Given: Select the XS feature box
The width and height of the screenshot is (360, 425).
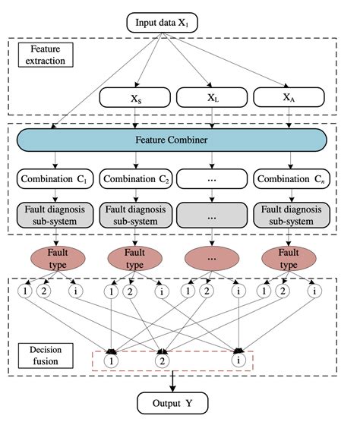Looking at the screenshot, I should [134, 98].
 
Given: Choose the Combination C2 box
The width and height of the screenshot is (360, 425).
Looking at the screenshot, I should [134, 180].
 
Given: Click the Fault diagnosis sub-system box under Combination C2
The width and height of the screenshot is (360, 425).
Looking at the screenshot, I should [134, 214].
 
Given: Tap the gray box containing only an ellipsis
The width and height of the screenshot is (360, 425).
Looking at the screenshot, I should [210, 214].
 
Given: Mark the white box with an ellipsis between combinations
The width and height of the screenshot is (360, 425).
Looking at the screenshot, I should [210, 180].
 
